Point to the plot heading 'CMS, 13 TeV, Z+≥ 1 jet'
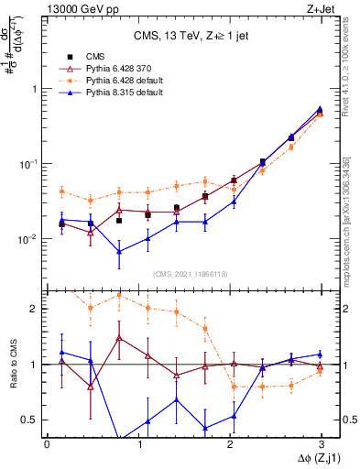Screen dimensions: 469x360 point(191,37)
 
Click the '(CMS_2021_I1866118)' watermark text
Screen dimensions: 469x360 point(191,274)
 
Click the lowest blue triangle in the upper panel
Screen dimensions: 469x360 point(119,252)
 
